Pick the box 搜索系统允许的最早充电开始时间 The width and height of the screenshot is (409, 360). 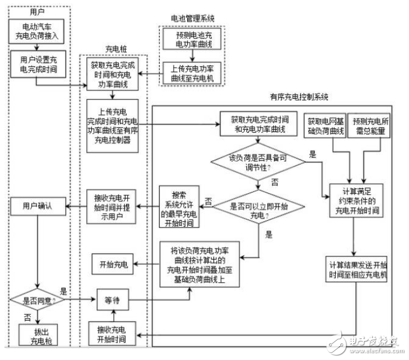point(179,205)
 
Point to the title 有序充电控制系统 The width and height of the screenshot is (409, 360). point(298,96)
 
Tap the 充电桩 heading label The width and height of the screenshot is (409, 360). point(115,49)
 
